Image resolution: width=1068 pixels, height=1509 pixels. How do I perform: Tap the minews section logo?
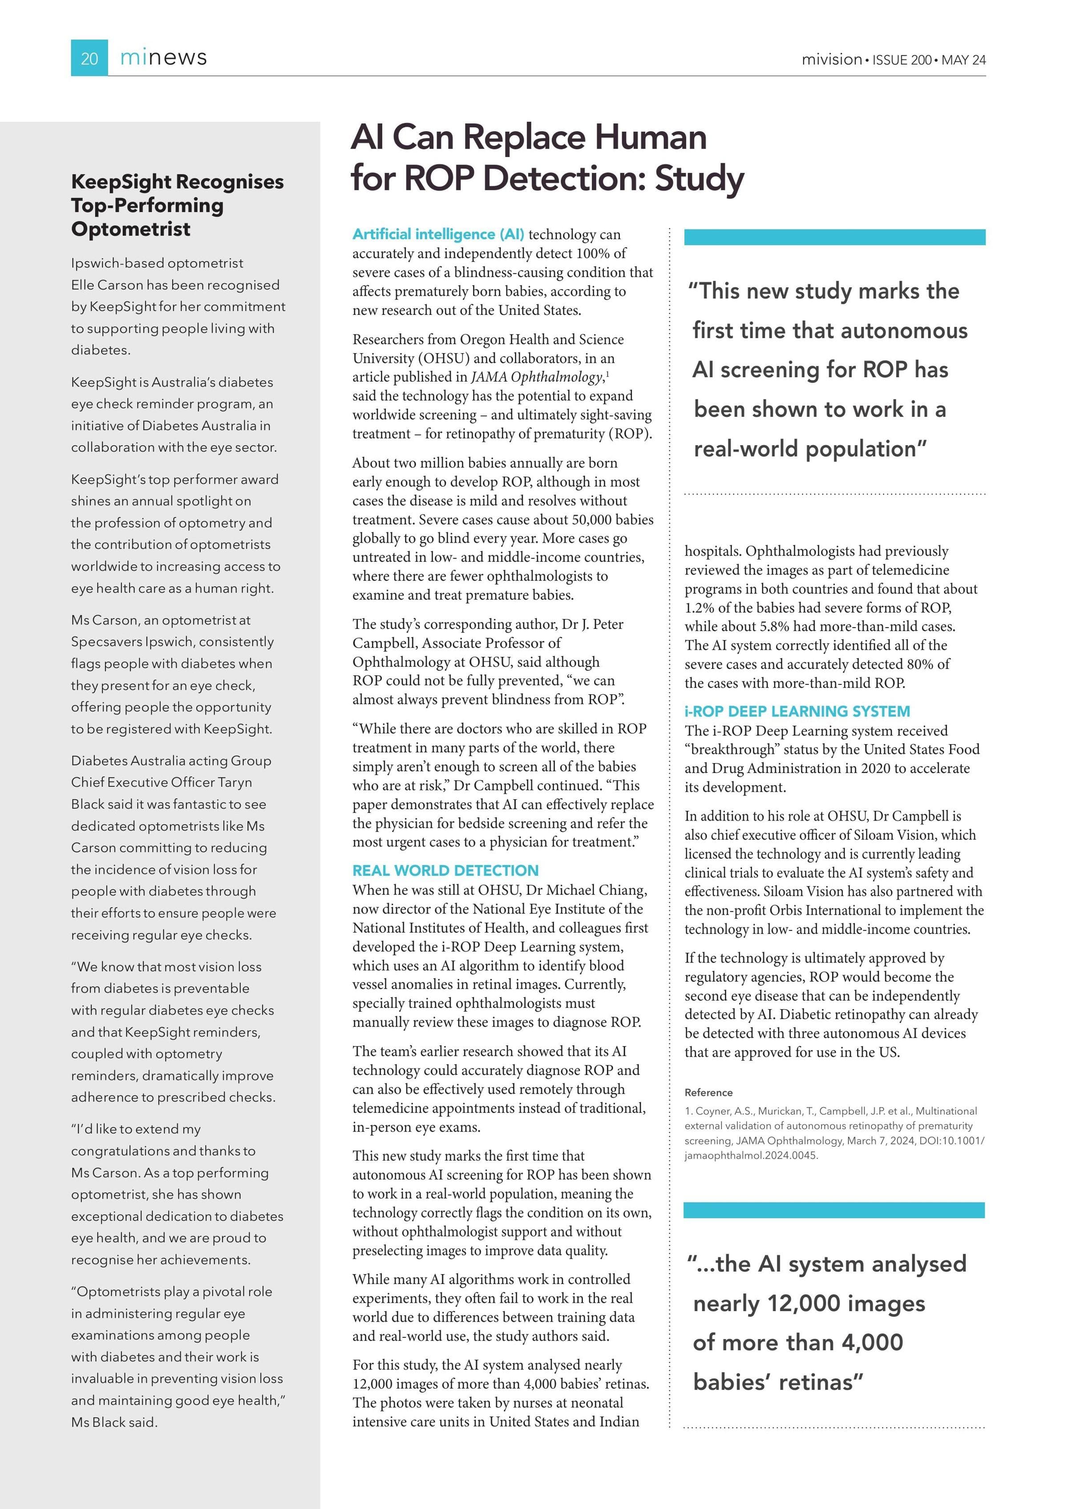click(x=163, y=58)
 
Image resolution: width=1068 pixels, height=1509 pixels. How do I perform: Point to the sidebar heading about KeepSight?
click(x=178, y=205)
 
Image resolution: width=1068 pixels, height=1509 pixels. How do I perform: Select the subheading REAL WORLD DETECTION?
click(x=445, y=871)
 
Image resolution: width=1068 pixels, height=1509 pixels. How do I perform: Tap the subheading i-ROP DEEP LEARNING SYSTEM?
click(x=797, y=711)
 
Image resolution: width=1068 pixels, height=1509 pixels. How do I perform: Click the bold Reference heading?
click(x=708, y=1092)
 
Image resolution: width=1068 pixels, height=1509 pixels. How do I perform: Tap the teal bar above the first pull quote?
click(x=834, y=237)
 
